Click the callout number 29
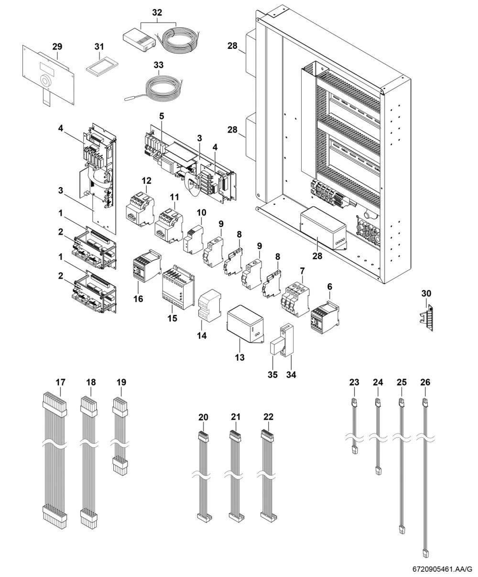point(57,46)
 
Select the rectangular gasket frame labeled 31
point(101,66)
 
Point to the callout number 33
point(159,65)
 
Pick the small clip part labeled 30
point(426,318)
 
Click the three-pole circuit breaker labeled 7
point(295,300)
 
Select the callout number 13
point(239,357)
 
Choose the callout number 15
point(172,318)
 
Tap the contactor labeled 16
point(147,265)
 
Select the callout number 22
point(268,417)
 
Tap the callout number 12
point(146,180)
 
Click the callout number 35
point(272,375)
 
